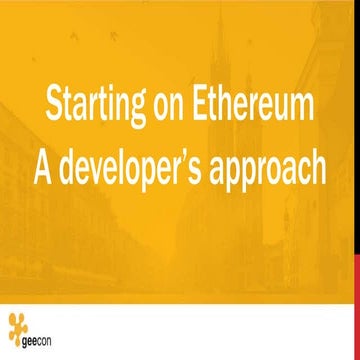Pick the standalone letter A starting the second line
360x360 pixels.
(x=44, y=166)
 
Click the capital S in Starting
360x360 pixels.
(x=53, y=104)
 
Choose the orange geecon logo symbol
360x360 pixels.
(x=17, y=325)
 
